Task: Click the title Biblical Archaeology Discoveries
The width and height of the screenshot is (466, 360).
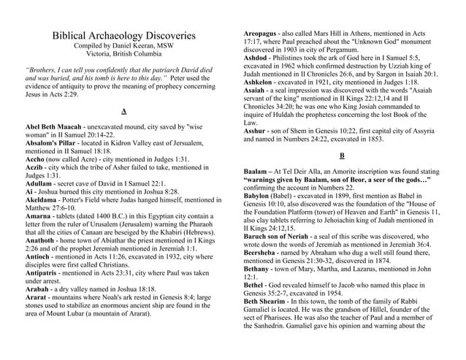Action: click(x=123, y=35)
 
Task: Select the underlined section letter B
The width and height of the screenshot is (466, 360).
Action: click(x=343, y=156)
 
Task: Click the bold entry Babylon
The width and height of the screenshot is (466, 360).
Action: click(x=260, y=196)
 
